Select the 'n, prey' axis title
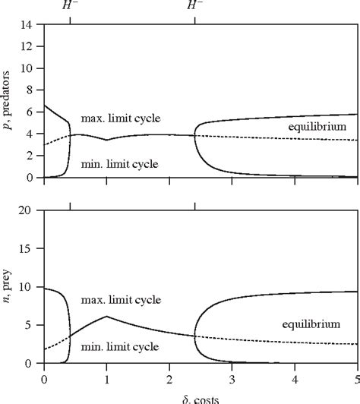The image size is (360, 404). pyautogui.click(x=10, y=287)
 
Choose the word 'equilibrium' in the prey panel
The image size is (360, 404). pyautogui.click(x=311, y=324)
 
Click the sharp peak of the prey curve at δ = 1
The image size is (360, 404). pyautogui.click(x=107, y=316)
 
